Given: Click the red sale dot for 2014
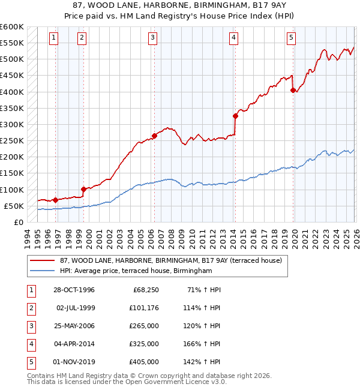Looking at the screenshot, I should (236, 116).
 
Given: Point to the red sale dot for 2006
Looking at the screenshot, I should (154, 136).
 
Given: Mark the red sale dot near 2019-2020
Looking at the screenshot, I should (293, 91).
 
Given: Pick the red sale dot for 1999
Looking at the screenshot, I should (83, 189).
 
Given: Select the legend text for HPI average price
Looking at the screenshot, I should (136, 271).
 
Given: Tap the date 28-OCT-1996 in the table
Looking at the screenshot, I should (74, 290).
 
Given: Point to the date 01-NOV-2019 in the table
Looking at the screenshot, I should (74, 362).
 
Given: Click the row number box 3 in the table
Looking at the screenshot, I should (31, 326).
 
